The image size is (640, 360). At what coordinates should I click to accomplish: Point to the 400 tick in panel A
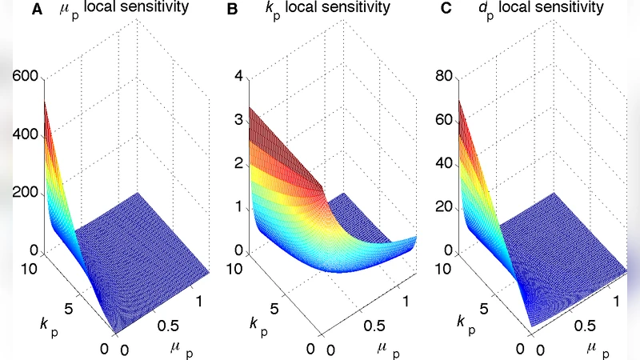tap(24, 134)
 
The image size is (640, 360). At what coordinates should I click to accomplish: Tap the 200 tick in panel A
tap(24, 193)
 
